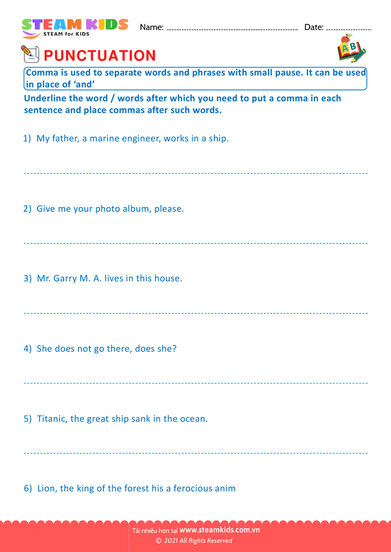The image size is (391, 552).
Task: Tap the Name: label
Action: pos(152,27)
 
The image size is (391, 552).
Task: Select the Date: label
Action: pos(314,27)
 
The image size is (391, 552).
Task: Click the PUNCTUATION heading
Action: pos(100,56)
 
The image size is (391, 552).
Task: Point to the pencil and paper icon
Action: pos(29,54)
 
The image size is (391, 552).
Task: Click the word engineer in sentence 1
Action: pos(142,139)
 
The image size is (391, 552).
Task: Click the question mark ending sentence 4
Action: pos(174,348)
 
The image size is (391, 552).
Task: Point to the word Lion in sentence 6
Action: pos(46,488)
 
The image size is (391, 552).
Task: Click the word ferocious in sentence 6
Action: pos(195,488)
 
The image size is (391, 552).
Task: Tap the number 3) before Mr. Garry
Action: pos(28,278)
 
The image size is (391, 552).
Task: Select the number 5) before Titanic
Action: pos(28,418)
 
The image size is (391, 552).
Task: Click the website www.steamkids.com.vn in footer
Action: pos(220,530)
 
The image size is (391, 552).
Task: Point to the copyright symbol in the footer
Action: pos(158,541)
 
